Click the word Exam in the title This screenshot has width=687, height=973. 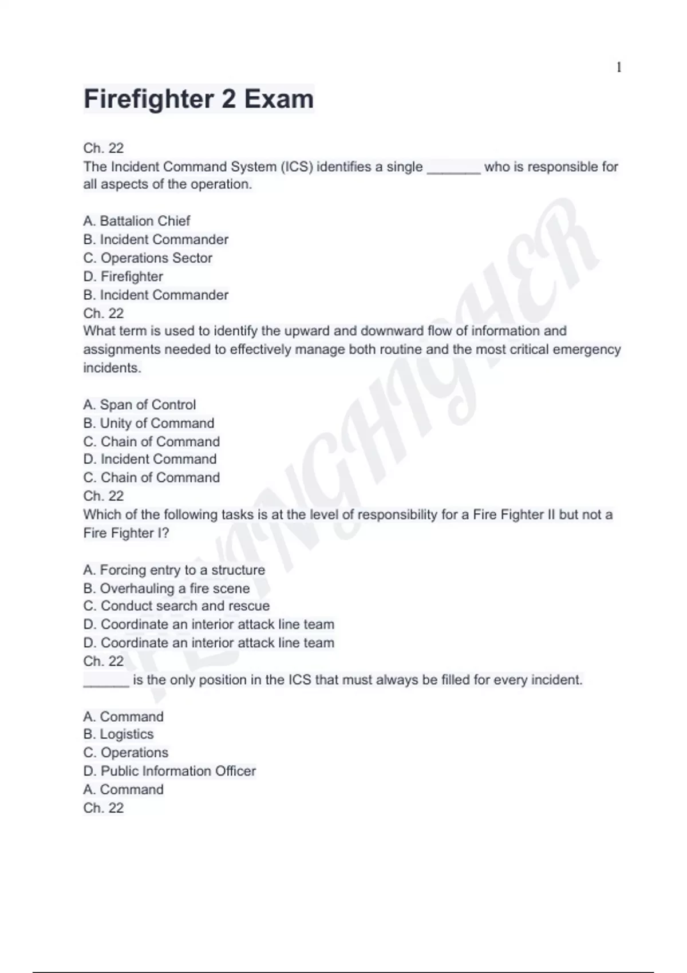tap(279, 99)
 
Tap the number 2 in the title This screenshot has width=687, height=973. tap(228, 99)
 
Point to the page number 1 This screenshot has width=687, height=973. tap(618, 68)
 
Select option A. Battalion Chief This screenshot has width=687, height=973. tap(136, 221)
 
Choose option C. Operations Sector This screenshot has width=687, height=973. tap(148, 258)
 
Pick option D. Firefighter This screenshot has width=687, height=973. tap(123, 276)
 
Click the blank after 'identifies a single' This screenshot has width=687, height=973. tap(453, 168)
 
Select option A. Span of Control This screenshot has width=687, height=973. tap(139, 405)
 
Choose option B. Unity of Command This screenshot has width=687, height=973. tap(149, 423)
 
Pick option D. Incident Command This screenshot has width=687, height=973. tap(150, 459)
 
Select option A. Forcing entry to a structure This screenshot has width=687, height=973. tap(174, 570)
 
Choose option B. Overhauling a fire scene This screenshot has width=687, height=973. tap(166, 588)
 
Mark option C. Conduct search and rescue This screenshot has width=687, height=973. tap(176, 606)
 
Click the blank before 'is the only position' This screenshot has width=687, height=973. tap(106, 681)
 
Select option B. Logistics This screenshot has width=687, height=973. tap(119, 734)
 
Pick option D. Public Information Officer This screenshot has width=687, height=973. tap(169, 771)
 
